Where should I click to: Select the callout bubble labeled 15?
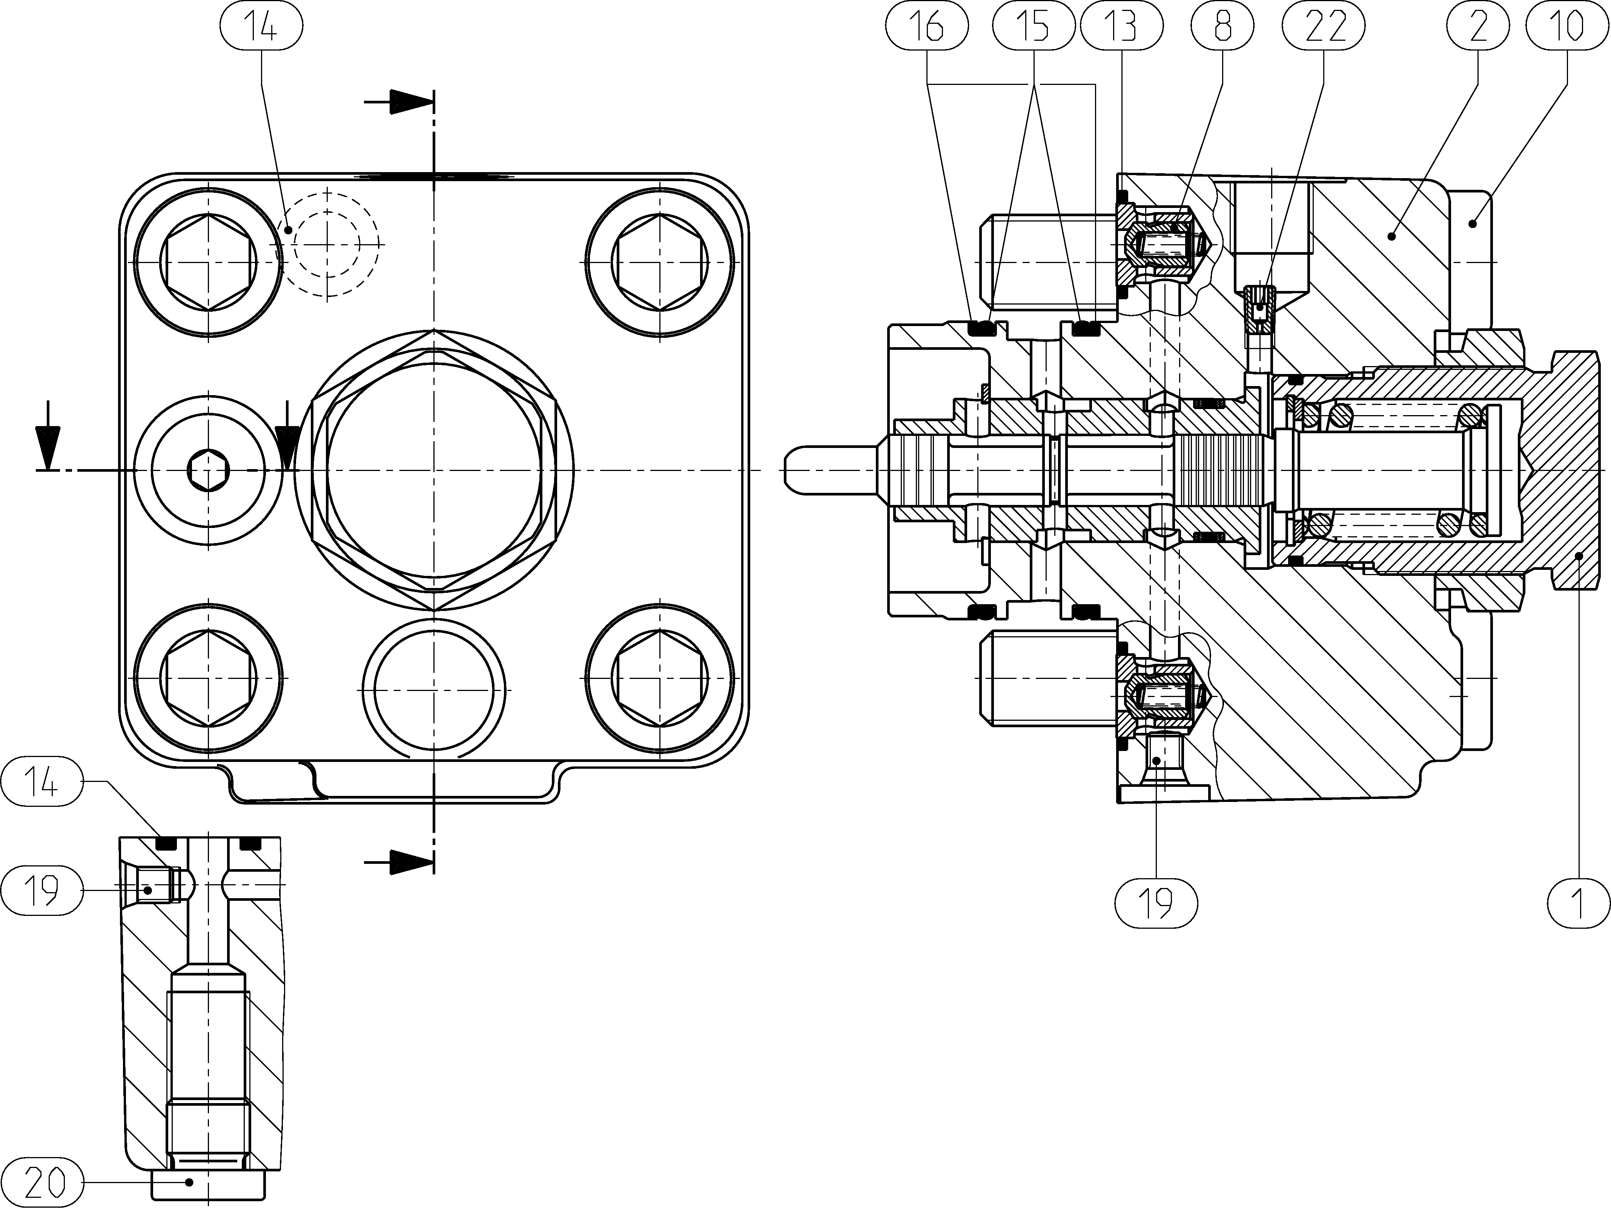coord(1034,26)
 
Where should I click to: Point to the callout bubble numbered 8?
coord(1223,26)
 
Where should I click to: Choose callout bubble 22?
coord(1323,26)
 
